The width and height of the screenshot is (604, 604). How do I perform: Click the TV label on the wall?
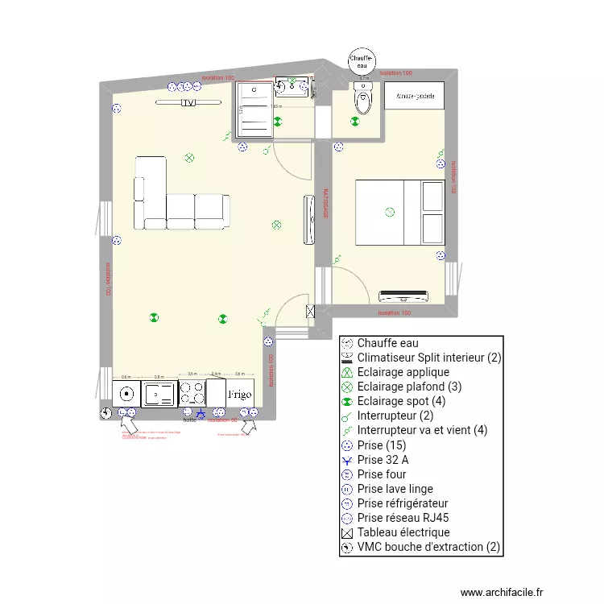(188, 103)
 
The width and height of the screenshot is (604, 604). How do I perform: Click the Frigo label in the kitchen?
(240, 395)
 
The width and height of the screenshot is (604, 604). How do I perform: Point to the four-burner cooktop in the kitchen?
(192, 394)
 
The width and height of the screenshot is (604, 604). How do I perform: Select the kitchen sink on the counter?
(159, 394)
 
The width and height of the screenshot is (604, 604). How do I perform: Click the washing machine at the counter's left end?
(126, 394)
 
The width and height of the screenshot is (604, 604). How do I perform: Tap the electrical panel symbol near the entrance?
(310, 311)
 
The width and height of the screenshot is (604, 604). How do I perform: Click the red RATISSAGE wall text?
(326, 204)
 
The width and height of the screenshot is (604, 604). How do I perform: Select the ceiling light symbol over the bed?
(390, 213)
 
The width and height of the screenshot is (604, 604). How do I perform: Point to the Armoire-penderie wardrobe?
(415, 95)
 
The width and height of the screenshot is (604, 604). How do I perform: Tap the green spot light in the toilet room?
(354, 122)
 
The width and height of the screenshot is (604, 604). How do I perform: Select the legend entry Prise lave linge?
(395, 489)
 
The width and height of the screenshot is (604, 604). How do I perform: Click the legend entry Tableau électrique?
(403, 532)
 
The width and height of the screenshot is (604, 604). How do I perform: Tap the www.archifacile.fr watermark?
(503, 592)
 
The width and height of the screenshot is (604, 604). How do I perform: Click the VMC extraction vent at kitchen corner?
(105, 413)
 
